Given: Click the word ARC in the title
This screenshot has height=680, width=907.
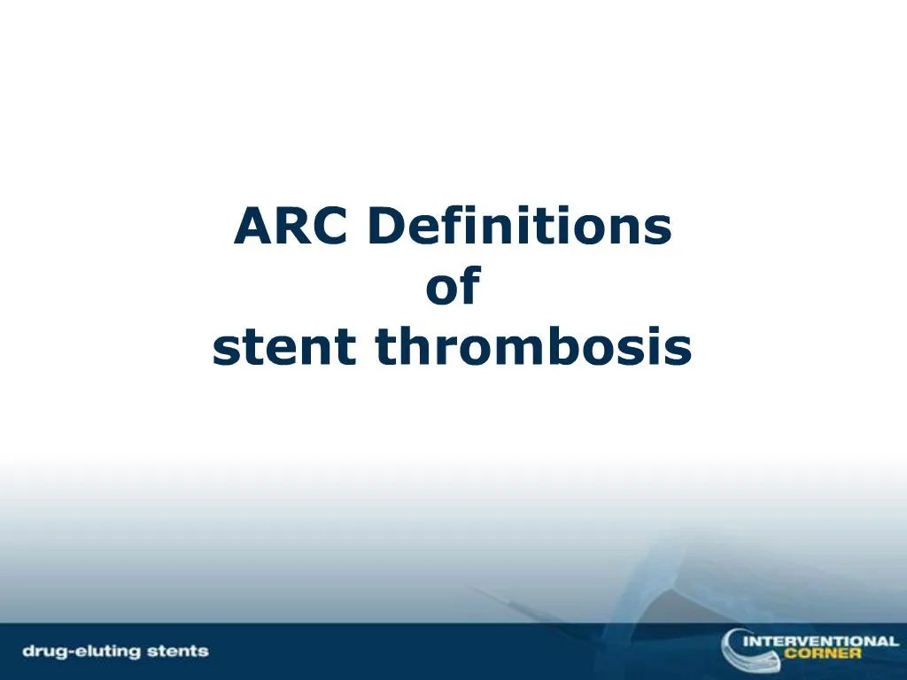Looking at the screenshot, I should pos(293,228).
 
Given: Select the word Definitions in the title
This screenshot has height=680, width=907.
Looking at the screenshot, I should pos(519,228).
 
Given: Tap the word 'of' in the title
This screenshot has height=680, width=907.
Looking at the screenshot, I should pos(453,288).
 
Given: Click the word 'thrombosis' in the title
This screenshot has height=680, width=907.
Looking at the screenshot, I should pos(532,348).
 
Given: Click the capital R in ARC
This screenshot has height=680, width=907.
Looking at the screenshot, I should pos(293,228).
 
